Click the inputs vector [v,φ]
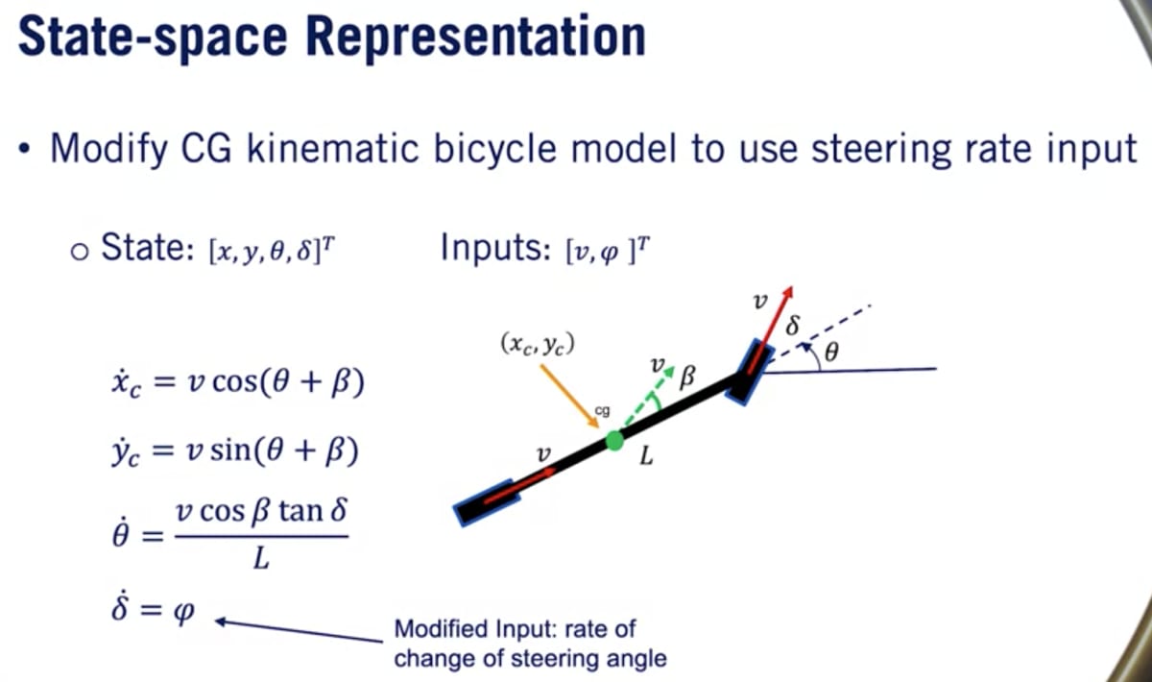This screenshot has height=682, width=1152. (607, 253)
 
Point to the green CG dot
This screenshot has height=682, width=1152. (614, 442)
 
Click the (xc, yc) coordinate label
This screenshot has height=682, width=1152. (538, 343)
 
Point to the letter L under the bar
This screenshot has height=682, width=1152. (646, 458)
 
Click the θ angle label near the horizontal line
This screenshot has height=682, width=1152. (831, 353)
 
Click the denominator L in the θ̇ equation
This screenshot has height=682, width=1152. (259, 559)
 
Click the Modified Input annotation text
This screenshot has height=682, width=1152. (530, 644)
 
